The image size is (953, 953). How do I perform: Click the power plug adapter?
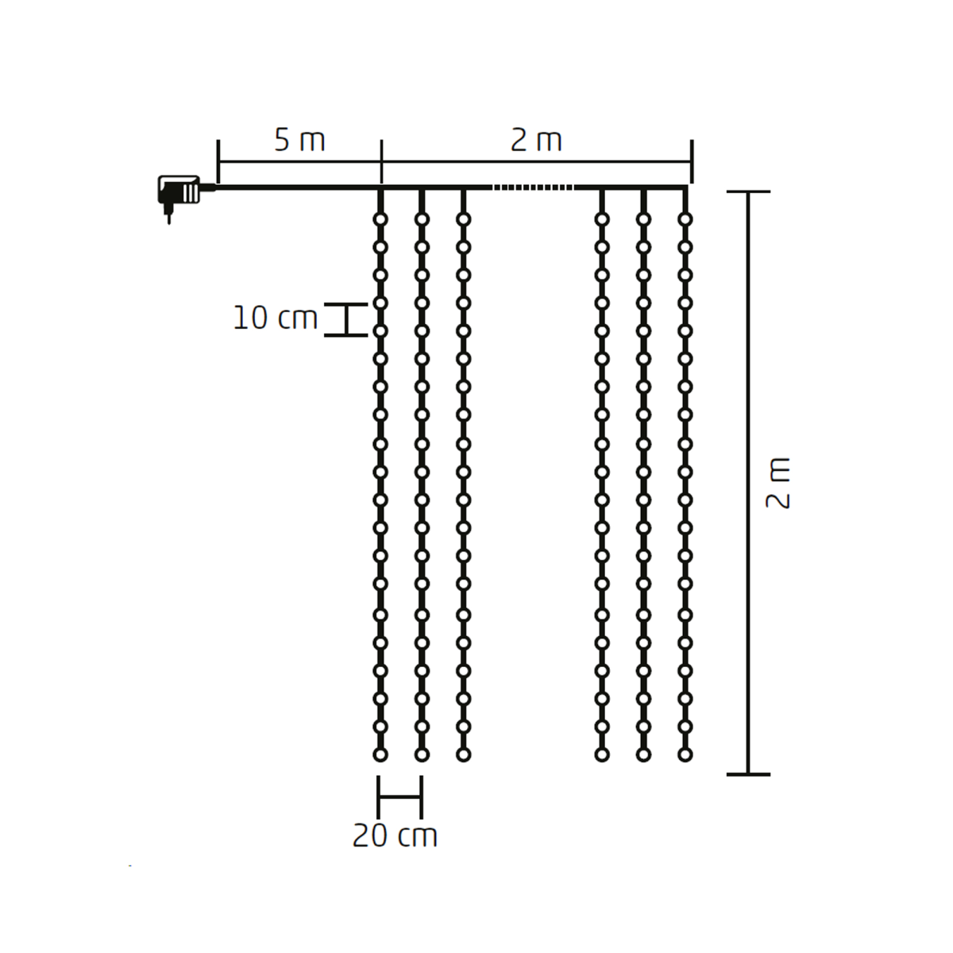179,190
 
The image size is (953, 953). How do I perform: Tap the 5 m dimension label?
299,141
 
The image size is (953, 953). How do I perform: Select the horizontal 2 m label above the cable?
536,141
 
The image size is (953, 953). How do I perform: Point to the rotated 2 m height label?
778,483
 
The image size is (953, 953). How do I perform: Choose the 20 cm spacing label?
395,836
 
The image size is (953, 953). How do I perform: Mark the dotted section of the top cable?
533,187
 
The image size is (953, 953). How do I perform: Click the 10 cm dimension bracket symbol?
345,319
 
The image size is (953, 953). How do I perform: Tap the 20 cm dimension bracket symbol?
399,797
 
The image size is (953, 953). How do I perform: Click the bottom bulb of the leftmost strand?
380,755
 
